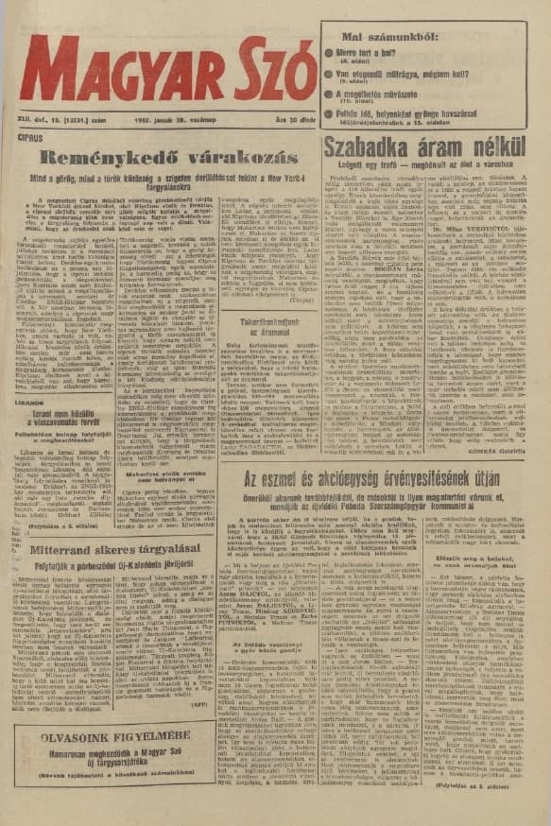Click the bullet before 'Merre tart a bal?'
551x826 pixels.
330,55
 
